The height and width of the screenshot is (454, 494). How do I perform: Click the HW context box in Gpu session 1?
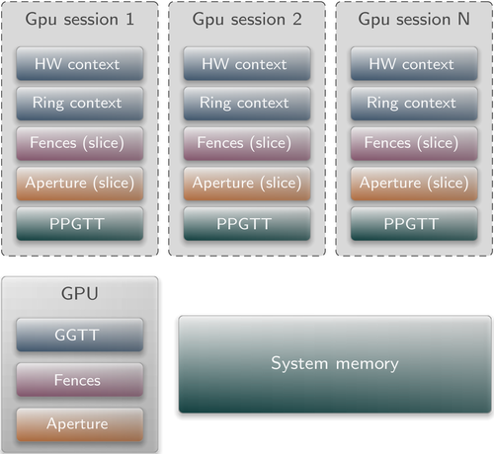[x=80, y=63]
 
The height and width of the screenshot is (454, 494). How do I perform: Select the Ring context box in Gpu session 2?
[x=247, y=104]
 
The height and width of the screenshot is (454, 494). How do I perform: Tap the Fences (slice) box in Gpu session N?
[x=414, y=143]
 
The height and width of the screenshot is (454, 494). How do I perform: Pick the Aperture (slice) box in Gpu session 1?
[x=80, y=184]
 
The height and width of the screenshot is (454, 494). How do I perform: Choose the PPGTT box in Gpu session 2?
[x=247, y=224]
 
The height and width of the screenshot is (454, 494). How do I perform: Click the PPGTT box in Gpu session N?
[x=414, y=224]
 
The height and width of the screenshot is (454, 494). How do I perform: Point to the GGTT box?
[x=80, y=335]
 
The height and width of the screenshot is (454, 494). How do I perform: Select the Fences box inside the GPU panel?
[x=80, y=380]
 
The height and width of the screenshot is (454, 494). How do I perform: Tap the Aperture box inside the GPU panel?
[x=80, y=424]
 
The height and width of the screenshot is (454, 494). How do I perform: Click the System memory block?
[x=335, y=364]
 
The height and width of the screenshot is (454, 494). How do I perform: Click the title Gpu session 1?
[x=80, y=20]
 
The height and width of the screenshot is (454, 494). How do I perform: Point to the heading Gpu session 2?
[x=247, y=20]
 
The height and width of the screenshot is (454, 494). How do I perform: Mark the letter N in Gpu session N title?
[x=463, y=19]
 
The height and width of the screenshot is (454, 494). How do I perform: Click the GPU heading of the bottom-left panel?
[x=80, y=293]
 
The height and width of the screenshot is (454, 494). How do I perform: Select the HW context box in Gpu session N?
[x=414, y=63]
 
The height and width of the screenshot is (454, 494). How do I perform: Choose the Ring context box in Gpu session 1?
[x=80, y=104]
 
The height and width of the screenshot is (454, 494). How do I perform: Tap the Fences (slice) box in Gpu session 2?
[x=247, y=143]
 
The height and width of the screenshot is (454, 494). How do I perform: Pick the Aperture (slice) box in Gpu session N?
[x=414, y=184]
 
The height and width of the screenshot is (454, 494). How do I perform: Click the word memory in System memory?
[x=367, y=364]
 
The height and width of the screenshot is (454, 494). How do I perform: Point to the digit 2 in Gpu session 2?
[x=297, y=19]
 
